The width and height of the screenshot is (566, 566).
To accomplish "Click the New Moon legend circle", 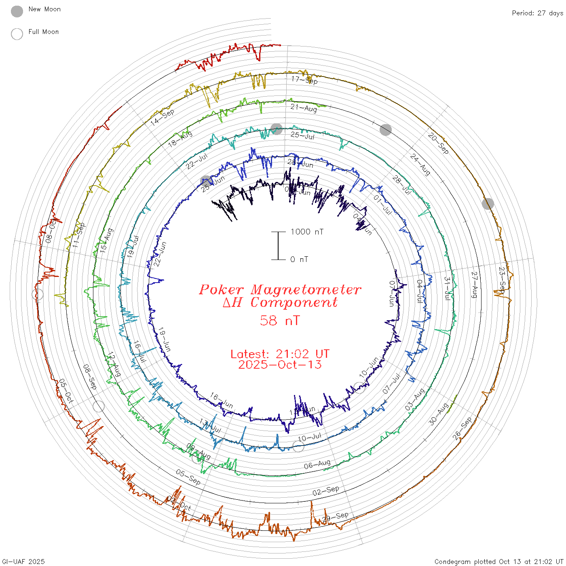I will pyautogui.click(x=17, y=11).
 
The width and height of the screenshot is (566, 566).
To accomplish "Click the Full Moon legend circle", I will pyautogui.click(x=17, y=34).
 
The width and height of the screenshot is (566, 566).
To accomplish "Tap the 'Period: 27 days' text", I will pyautogui.click(x=537, y=13).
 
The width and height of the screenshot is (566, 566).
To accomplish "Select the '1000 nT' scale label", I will pyautogui.click(x=307, y=232).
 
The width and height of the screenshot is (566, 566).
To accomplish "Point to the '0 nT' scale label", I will pyautogui.click(x=299, y=259).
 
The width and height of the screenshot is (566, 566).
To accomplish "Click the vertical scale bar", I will pyautogui.click(x=278, y=246).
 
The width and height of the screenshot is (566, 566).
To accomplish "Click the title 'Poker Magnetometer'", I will pyautogui.click(x=280, y=289).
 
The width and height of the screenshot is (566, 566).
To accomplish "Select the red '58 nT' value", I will pyautogui.click(x=280, y=321).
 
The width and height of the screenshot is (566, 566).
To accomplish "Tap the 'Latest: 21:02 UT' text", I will pyautogui.click(x=280, y=354).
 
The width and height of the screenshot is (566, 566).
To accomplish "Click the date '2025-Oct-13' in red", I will pyautogui.click(x=280, y=365).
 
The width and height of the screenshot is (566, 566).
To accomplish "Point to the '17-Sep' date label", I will pyautogui.click(x=304, y=80).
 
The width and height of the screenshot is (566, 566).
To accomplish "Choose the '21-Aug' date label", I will pyautogui.click(x=304, y=108).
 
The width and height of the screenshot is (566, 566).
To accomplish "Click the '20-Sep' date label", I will pyautogui.click(x=438, y=143).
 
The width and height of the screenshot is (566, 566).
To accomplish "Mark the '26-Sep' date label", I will pyautogui.click(x=462, y=428).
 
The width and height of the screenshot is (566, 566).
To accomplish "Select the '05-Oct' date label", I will pyautogui.click(x=66, y=391).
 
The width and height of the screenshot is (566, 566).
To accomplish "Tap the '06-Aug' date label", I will pyautogui.click(x=317, y=465).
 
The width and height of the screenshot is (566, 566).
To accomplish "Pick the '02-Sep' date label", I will pyautogui.click(x=326, y=491).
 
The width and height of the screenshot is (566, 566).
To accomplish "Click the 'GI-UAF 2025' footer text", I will pyautogui.click(x=23, y=562).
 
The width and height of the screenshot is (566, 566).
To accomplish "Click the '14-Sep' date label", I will pyautogui.click(x=163, y=117).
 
